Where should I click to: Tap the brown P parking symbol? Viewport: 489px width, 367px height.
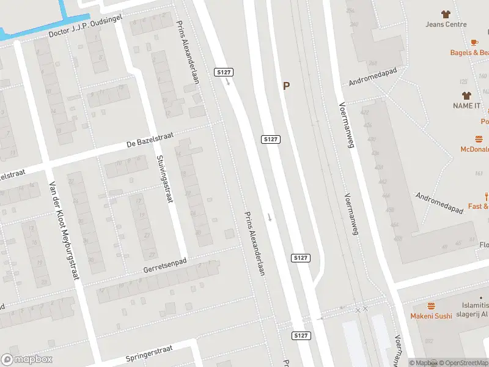pyautogui.click(x=285, y=86)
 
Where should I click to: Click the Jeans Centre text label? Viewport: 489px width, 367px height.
pyautogui.click(x=446, y=24)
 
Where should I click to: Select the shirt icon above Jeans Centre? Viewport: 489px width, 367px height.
pyautogui.click(x=445, y=13)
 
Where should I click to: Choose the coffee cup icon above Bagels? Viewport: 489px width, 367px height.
pyautogui.click(x=474, y=42)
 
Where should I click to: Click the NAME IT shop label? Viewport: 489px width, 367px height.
pyautogui.click(x=466, y=106)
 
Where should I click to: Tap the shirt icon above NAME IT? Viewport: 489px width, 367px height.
pyautogui.click(x=467, y=95)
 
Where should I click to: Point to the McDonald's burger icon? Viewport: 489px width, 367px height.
pyautogui.click(x=479, y=139)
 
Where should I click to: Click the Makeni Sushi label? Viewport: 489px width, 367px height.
pyautogui.click(x=431, y=316)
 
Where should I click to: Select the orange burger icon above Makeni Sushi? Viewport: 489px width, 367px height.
pyautogui.click(x=431, y=305)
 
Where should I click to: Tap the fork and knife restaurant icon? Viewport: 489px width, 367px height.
pyautogui.click(x=486, y=196)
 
